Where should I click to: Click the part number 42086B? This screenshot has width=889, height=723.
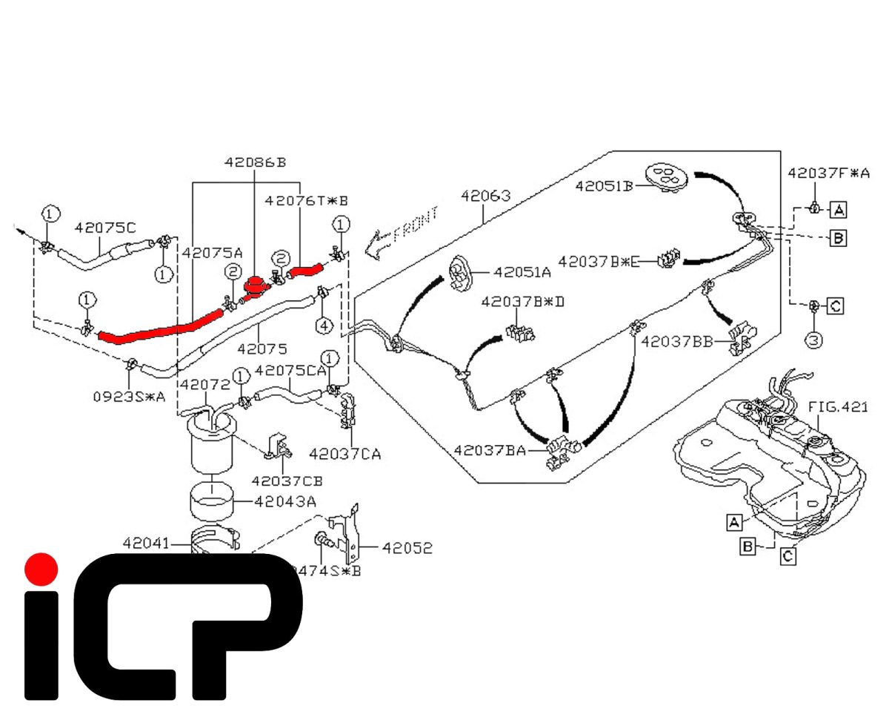(255, 162)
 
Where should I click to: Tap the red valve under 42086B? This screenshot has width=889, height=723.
(256, 286)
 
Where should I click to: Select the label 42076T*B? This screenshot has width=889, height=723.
(306, 199)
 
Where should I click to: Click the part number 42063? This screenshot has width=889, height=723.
(485, 196)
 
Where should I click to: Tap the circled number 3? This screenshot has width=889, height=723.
(813, 340)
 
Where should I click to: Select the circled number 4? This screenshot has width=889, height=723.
(323, 325)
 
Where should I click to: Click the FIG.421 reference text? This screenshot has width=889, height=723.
(837, 407)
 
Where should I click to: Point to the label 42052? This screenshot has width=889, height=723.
(407, 548)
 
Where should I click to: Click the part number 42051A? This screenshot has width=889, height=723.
(522, 272)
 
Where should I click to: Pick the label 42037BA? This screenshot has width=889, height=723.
(490, 450)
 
